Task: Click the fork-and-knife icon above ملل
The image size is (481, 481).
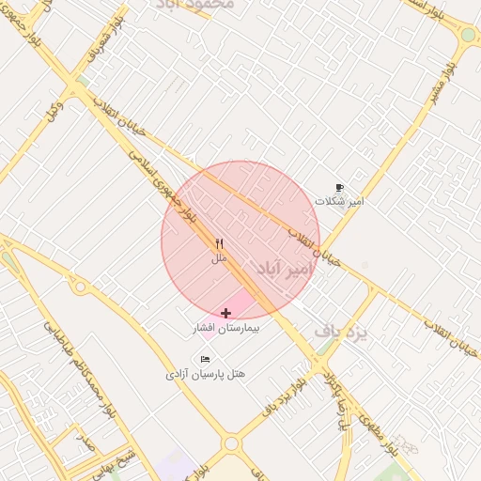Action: [219, 242]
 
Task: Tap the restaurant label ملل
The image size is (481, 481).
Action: [219, 256]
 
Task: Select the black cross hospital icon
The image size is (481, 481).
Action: [225, 312]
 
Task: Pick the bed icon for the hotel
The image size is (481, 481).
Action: [206, 359]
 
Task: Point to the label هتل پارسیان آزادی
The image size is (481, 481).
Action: [206, 374]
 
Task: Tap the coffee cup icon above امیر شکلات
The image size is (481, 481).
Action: [339, 187]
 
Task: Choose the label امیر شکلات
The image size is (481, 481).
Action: [339, 201]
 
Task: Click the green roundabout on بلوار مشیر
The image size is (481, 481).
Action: [467, 35]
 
